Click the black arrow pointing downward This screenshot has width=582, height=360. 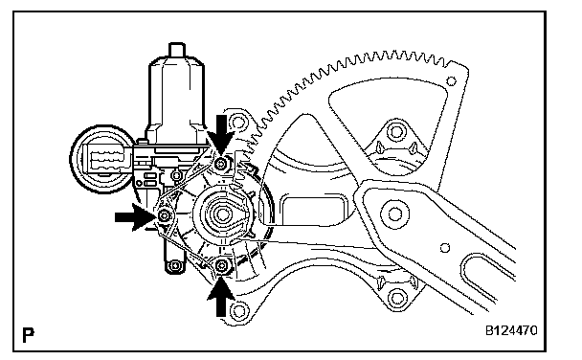tap(221, 134)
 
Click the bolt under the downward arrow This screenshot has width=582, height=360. tap(221, 164)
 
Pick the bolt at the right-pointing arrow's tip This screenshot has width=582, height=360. tap(165, 215)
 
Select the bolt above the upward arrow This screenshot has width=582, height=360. tap(221, 266)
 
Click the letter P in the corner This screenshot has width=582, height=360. tap(28, 335)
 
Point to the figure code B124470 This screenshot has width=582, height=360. tap(511, 330)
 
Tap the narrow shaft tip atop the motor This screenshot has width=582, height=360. tap(177, 50)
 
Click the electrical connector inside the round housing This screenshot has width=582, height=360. tap(106, 160)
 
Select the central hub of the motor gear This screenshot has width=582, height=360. tap(223, 214)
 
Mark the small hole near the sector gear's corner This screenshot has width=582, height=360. tap(452, 81)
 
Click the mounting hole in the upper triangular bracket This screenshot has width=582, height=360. tap(395, 131)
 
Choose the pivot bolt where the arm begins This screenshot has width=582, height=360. tap(394, 214)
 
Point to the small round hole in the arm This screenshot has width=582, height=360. tap(445, 248)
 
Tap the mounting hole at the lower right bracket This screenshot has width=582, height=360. tap(397, 298)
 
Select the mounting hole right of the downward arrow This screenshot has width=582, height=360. tap(238, 122)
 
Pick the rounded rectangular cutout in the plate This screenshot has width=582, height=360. tap(315, 210)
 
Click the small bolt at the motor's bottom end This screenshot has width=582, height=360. tap(175, 266)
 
